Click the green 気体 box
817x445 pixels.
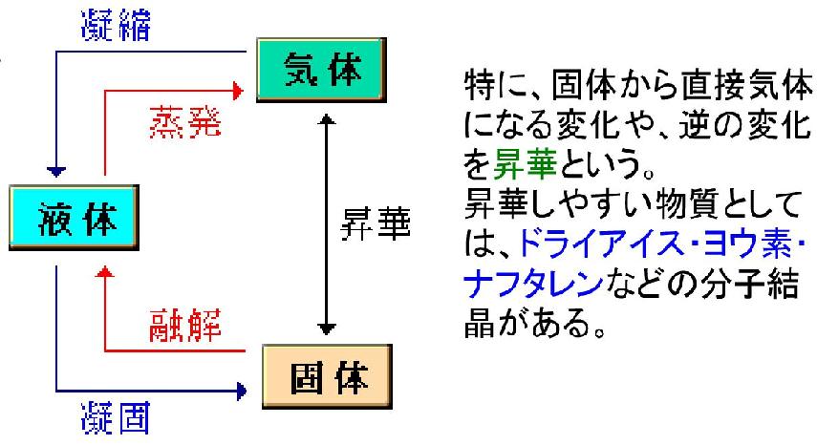tap(321, 70)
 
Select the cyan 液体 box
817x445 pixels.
tap(74, 218)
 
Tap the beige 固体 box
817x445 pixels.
tap(327, 376)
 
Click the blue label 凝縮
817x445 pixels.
tap(117, 25)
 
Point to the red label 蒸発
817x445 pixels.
tap(185, 122)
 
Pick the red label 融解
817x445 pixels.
tap(185, 325)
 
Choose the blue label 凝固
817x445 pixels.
tap(116, 417)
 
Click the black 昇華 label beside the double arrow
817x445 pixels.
tap(376, 223)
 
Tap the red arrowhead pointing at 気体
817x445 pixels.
tap(238, 91)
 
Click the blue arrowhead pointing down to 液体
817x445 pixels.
tap(56, 172)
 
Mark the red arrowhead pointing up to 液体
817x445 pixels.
tap(106, 271)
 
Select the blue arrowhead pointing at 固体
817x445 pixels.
tap(241, 391)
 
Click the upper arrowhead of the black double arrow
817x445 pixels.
tap(327, 119)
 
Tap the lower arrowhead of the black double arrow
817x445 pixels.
tap(327, 328)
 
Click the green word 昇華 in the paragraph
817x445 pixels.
tap(525, 163)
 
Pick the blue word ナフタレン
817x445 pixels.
tap(533, 284)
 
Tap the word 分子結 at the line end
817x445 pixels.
tap(749, 284)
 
